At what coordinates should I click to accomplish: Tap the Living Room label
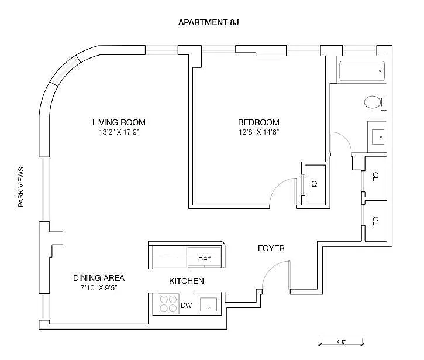coord(119,122)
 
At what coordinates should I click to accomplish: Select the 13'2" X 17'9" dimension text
coord(119,132)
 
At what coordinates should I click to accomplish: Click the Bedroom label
coord(258,122)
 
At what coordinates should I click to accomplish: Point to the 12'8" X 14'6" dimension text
coord(258,132)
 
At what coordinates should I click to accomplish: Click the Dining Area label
coord(99,278)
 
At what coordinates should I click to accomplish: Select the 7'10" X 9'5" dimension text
coord(99,287)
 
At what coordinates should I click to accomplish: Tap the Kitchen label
coord(187,281)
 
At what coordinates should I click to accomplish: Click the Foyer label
coord(271,248)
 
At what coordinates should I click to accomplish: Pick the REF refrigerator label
coord(205,257)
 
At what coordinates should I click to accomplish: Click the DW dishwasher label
coord(187,305)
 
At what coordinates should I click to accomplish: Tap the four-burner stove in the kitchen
coord(168,304)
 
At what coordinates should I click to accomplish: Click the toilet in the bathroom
coord(373,102)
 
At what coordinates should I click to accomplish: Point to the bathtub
coord(361,71)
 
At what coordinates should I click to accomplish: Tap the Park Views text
coord(22,187)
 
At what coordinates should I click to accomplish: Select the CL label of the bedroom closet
coord(313,185)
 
